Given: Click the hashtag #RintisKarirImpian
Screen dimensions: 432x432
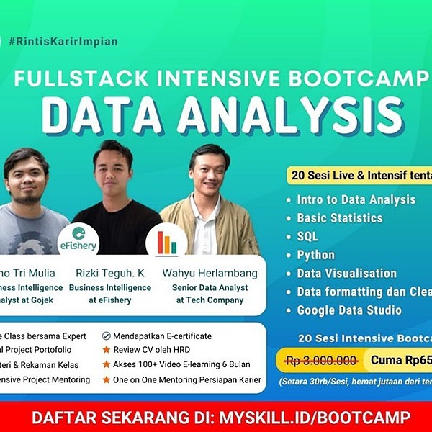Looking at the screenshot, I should [63, 41].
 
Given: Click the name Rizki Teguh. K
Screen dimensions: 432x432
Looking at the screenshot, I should [110, 274].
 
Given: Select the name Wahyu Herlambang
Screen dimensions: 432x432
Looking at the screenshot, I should [210, 274].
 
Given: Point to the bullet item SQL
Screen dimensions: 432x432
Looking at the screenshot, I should [307, 236].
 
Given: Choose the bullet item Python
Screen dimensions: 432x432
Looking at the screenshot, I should [315, 255].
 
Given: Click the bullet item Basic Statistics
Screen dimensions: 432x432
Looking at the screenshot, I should [339, 217].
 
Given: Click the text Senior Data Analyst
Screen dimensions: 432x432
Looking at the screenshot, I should [210, 288].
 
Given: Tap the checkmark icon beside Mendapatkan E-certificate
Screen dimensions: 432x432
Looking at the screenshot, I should [107, 336].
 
